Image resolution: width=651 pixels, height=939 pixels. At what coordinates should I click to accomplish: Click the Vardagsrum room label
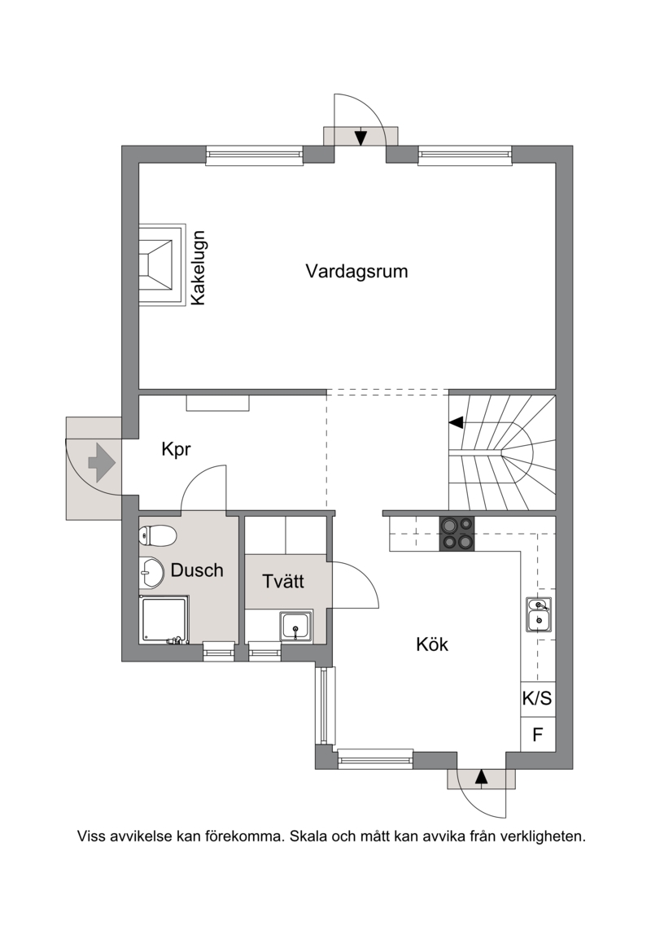(x=356, y=271)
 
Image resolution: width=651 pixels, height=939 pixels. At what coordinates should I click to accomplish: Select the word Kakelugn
(x=199, y=268)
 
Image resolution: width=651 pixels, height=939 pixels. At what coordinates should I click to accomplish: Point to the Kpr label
(x=176, y=449)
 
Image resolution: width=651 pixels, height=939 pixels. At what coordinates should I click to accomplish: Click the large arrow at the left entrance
(x=102, y=462)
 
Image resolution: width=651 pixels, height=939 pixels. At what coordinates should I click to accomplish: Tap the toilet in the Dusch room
(x=158, y=535)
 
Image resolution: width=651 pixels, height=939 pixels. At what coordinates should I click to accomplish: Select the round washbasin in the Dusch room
(x=151, y=573)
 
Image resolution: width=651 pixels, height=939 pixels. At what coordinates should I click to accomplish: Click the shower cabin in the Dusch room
(x=164, y=620)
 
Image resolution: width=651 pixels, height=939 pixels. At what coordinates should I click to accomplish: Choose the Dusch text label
(x=197, y=570)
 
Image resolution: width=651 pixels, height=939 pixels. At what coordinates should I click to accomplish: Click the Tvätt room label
(x=283, y=581)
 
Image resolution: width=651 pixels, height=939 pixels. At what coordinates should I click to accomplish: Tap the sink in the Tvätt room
(x=296, y=627)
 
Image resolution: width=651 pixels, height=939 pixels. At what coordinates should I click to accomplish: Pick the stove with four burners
(x=457, y=534)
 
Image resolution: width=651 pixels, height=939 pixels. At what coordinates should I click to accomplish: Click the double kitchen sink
(x=539, y=614)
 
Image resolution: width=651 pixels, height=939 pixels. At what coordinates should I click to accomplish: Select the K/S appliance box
(x=538, y=699)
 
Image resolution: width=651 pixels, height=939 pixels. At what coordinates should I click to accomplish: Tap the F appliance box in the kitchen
(x=538, y=734)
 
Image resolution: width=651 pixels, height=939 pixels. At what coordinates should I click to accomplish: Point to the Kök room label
(x=432, y=645)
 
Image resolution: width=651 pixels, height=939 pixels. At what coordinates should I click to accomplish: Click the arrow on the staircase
(x=457, y=423)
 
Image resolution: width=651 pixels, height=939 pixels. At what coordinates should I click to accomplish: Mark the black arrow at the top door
(x=360, y=138)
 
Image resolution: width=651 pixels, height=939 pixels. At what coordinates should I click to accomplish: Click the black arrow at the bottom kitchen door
(x=481, y=777)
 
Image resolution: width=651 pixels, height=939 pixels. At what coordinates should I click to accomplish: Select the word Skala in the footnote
(x=308, y=836)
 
